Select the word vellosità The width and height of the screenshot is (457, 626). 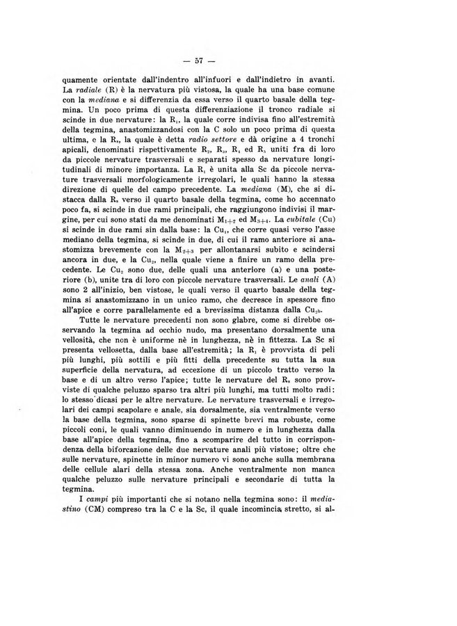(82, 371)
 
